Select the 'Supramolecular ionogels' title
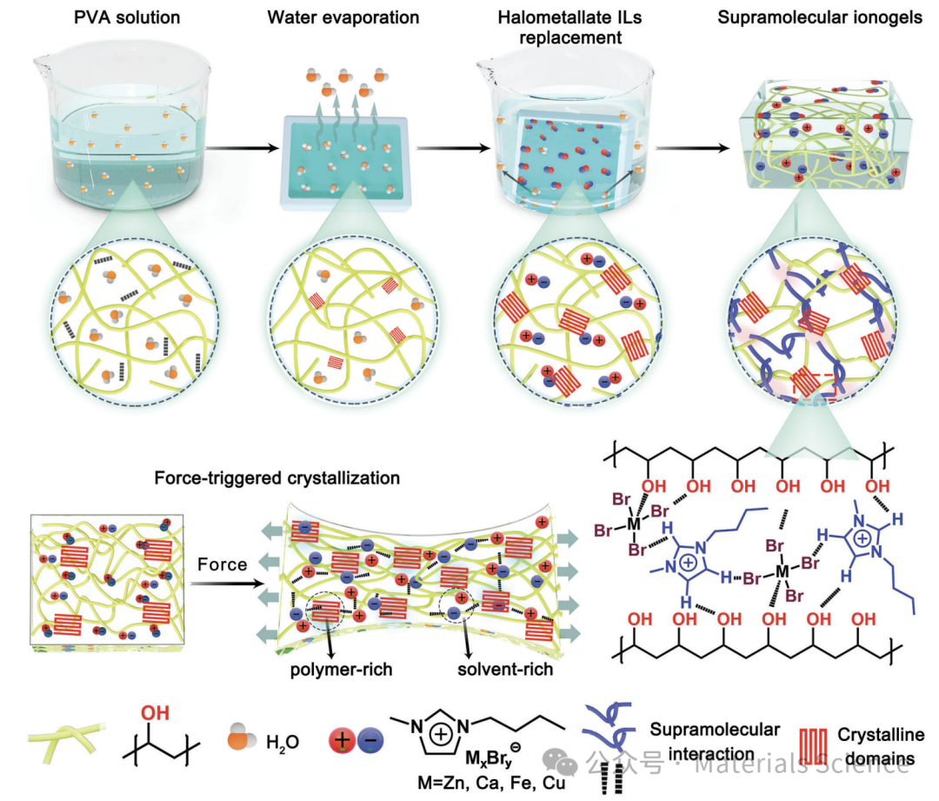(x=820, y=18)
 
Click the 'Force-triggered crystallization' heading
(x=277, y=478)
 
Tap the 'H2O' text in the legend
(x=283, y=742)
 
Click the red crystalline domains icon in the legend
(x=816, y=747)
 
